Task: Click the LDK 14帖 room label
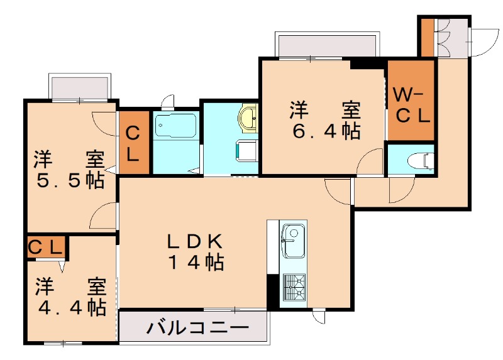click(195, 252)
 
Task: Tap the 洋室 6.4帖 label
click(324, 120)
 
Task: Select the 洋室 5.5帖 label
click(69, 170)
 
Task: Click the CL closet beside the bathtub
click(134, 143)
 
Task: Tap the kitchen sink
click(292, 241)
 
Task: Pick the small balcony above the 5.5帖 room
click(81, 87)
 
